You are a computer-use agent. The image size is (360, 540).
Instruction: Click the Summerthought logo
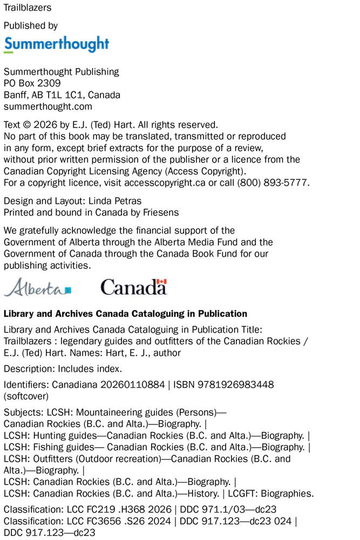pyautogui.click(x=56, y=44)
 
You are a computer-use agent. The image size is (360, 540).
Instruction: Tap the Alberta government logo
pyautogui.click(x=37, y=287)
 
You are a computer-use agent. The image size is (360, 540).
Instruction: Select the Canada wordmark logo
pyautogui.click(x=133, y=286)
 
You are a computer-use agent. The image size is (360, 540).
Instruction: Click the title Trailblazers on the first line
pyautogui.click(x=28, y=8)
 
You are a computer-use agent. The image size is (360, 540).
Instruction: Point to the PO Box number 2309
pyautogui.click(x=49, y=83)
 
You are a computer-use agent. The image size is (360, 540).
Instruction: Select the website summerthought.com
pyautogui.click(x=48, y=107)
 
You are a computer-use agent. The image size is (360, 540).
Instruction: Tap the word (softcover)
pyautogui.click(x=26, y=396)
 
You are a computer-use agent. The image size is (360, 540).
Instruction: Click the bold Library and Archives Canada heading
pyautogui.click(x=125, y=314)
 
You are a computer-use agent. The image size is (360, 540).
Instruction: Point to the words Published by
pyautogui.click(x=31, y=25)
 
